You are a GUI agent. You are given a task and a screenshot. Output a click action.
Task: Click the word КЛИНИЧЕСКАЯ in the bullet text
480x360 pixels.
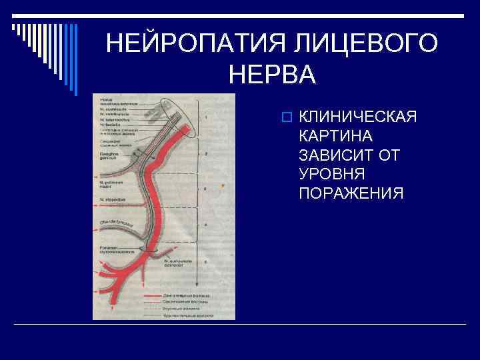[x=358, y=117]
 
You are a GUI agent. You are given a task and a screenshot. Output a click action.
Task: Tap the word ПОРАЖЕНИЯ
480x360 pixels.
[x=351, y=193]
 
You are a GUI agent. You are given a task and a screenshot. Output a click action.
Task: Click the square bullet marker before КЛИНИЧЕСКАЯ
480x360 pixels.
[x=286, y=118]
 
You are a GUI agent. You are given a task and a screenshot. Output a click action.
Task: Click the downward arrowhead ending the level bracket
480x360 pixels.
[x=197, y=288]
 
